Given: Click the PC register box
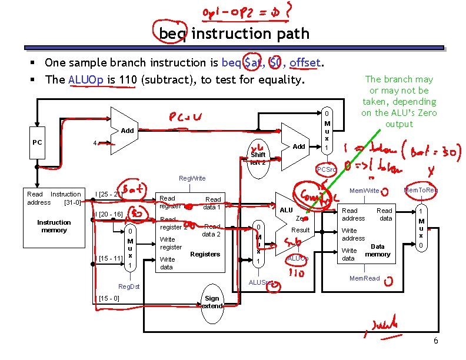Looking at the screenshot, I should coord(36,142).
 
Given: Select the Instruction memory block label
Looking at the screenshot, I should coord(54,226).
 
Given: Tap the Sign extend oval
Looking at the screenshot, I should coord(212,302).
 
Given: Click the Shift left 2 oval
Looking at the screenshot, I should coord(258,158).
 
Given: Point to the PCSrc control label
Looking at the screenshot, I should coord(327,170).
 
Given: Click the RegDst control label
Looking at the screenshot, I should coord(129,286).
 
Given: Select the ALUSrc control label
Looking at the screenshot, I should coord(259,282).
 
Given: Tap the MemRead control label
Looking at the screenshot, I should coord(365,278).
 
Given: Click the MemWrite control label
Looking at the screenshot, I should coord(364,191).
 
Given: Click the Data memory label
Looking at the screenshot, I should coord(378,251).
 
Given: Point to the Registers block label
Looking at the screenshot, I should coord(205,254).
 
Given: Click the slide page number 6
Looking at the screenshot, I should coord(435,341).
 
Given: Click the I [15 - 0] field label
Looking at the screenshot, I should coord(110,298).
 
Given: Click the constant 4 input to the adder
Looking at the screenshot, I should coord(95,143).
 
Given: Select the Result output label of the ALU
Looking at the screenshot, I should coord(300,230).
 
